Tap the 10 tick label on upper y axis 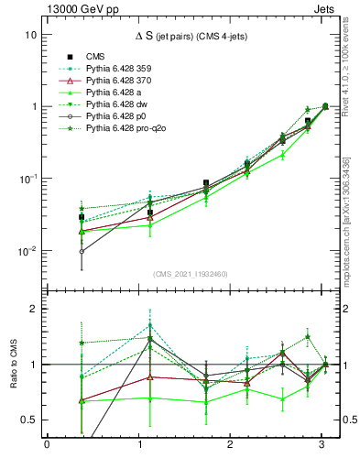click(x=30, y=35)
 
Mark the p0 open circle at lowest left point click(x=82, y=251)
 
